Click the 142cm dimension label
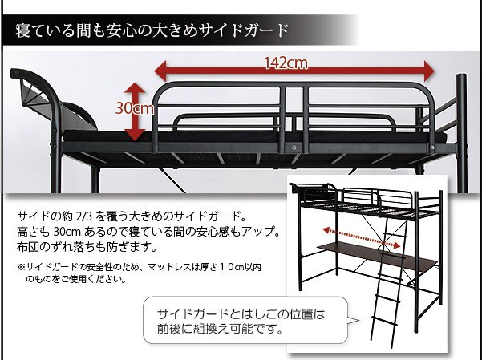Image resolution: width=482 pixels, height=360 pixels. (286, 63)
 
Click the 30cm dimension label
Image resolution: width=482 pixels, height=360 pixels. (134, 108)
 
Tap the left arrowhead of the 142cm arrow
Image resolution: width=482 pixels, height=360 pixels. (160, 71)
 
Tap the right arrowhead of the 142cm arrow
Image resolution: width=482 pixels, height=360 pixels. (429, 71)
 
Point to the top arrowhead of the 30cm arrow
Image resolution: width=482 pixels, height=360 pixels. (135, 87)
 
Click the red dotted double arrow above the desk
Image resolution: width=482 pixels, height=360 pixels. (362, 237)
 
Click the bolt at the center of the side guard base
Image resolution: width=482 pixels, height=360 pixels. (294, 148)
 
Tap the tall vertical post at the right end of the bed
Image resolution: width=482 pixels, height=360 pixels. (462, 132)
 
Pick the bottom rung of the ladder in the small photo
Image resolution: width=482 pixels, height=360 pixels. (384, 321)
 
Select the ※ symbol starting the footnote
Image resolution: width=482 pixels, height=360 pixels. (21, 267)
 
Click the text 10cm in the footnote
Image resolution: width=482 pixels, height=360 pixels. (231, 267)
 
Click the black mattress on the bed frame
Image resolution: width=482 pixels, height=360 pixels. (254, 136)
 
